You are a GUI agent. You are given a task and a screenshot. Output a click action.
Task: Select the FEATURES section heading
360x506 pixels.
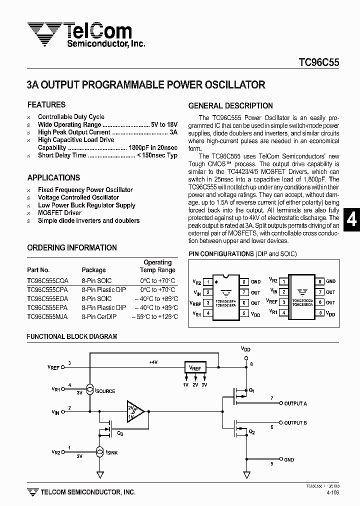[x=46, y=105]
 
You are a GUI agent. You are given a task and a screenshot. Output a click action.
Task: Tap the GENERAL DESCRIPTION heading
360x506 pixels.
[x=230, y=106]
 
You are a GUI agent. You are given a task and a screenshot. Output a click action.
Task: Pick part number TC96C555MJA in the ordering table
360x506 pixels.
[x=48, y=317]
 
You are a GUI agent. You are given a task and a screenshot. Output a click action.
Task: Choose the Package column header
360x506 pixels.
[x=93, y=270]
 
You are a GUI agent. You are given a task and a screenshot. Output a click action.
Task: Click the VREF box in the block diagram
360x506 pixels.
[x=194, y=368]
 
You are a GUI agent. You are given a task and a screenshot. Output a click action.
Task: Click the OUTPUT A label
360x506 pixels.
[x=295, y=403]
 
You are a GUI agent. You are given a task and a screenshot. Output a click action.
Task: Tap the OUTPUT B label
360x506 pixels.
[x=295, y=423]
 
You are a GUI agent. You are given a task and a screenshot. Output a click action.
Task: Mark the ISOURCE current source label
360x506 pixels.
[x=105, y=391]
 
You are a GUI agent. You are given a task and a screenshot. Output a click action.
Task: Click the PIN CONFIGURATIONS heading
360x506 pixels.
[x=220, y=254]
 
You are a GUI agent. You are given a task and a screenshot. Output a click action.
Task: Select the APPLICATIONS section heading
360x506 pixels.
[x=53, y=178]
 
